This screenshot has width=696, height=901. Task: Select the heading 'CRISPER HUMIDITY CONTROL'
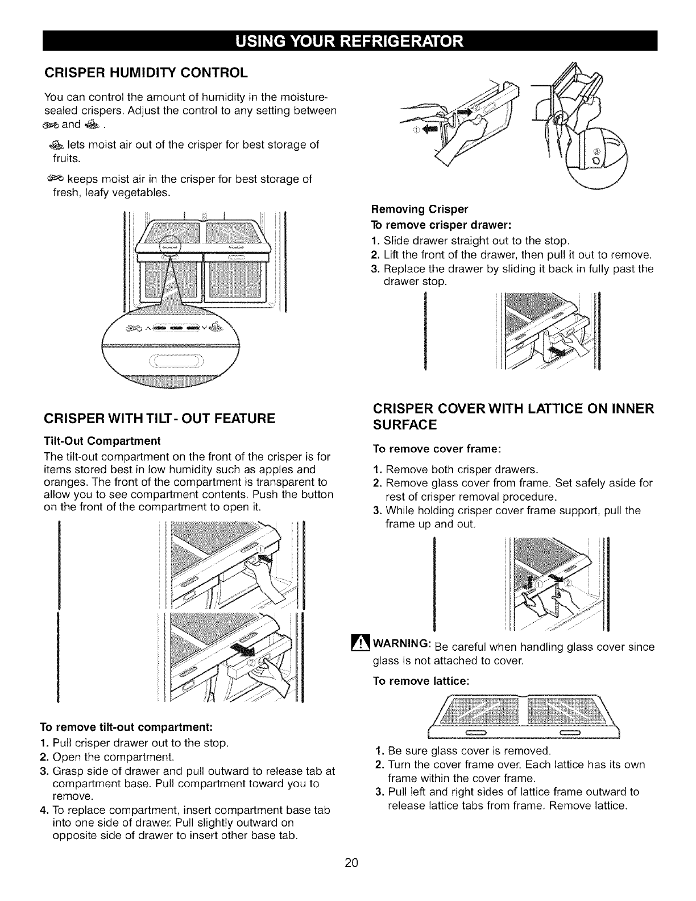click(x=146, y=72)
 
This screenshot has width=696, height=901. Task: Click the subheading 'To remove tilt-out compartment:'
click(x=126, y=727)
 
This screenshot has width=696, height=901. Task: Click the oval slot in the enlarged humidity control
click(x=176, y=362)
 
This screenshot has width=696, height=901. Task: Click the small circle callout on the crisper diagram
click(x=169, y=249)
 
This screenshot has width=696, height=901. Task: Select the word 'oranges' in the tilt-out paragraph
click(x=61, y=482)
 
